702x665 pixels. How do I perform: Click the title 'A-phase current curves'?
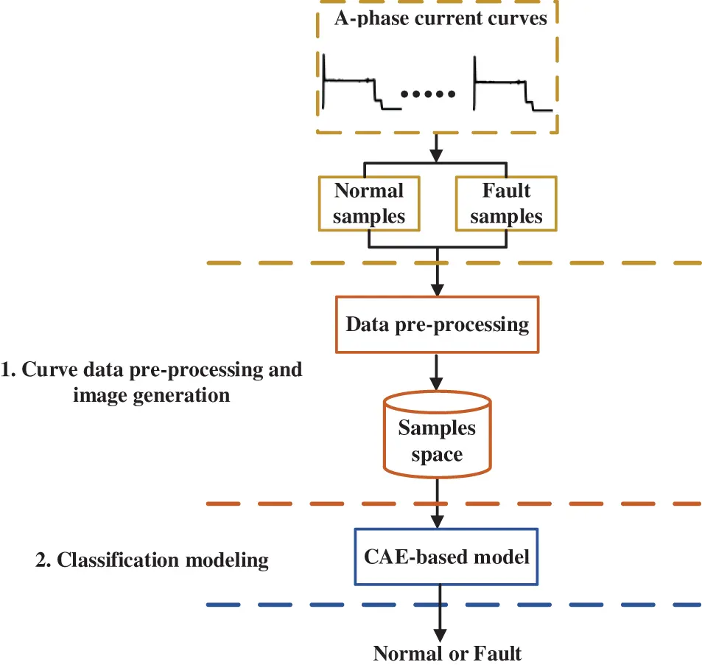coord(440,18)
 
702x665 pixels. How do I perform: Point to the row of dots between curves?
coord(429,94)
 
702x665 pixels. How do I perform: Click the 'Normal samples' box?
coord(368,203)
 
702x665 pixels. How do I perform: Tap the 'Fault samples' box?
coord(506,203)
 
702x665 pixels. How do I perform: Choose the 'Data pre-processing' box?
coord(437,324)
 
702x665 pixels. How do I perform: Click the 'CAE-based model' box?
coord(446,557)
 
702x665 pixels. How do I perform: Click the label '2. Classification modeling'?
coord(152,560)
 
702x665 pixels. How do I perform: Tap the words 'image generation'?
coord(152,395)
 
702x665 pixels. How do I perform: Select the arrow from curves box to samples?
coord(437,151)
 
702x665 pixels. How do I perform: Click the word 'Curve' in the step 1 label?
coord(48,369)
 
